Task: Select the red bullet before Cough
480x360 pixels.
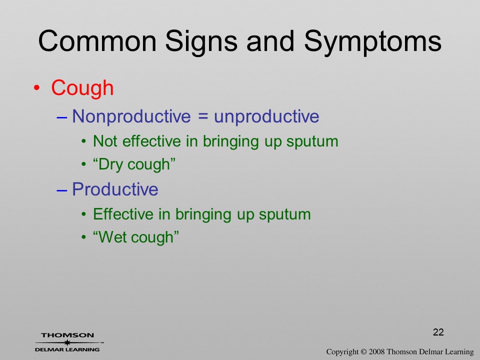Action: tap(36, 88)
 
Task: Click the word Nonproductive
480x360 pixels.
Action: tap(131, 117)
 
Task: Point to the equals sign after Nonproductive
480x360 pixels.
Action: tap(202, 117)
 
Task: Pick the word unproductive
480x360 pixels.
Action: tap(266, 117)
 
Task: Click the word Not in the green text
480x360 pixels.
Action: tap(105, 141)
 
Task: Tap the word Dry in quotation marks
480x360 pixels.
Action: tap(110, 165)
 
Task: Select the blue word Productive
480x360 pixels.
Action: tap(115, 189)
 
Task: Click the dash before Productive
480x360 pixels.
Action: tap(62, 190)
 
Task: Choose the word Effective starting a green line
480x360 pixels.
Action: tap(123, 214)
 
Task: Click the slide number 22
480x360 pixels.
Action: tap(438, 332)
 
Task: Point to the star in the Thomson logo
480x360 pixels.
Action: tap(67, 342)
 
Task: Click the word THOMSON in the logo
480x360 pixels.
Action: tap(67, 335)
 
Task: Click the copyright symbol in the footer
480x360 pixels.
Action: tap(363, 351)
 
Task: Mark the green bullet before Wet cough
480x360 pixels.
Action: tap(84, 237)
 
